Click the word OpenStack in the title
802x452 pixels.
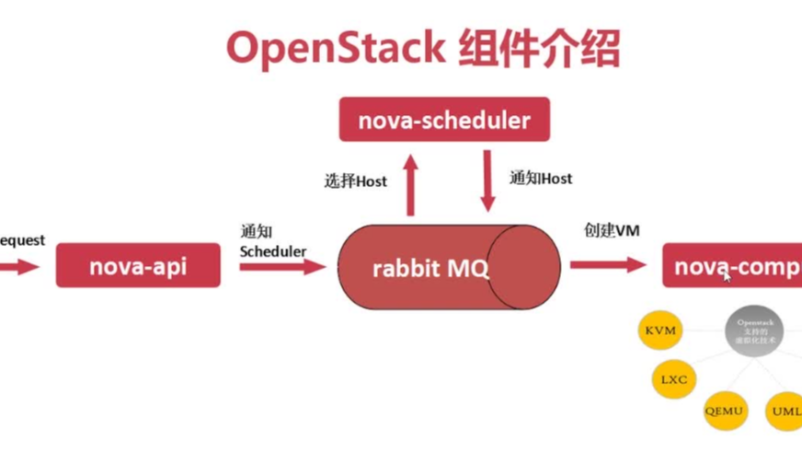click(335, 47)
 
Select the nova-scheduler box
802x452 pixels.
click(444, 120)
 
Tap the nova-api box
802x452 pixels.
click(138, 266)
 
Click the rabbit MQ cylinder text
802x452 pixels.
click(430, 269)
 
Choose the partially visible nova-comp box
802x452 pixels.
click(731, 266)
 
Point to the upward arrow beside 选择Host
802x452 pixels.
click(410, 183)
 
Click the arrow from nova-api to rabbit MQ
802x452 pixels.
click(281, 267)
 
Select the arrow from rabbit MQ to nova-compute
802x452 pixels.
click(608, 265)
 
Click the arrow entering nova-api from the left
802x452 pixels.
click(18, 267)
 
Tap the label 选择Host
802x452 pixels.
click(355, 181)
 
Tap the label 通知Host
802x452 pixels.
click(541, 179)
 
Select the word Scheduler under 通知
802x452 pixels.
click(273, 250)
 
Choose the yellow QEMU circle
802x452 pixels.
click(726, 411)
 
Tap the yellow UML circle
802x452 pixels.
click(785, 411)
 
